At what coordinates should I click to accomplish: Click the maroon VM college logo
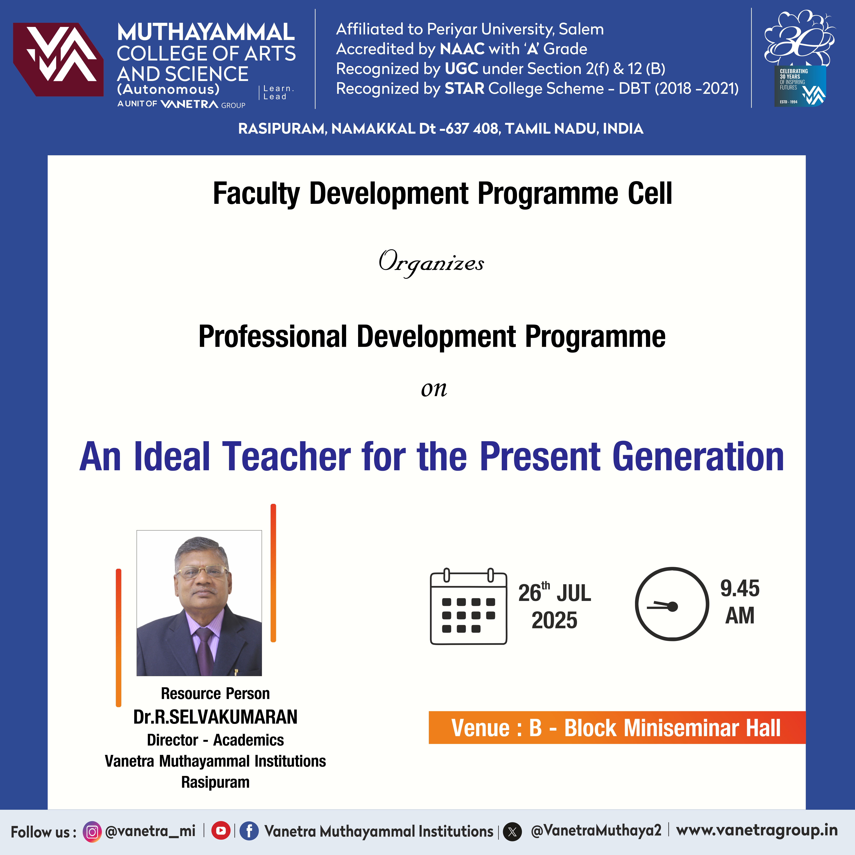coord(58,59)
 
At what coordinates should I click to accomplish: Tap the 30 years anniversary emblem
coord(800,58)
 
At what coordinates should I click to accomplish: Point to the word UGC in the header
coord(461,69)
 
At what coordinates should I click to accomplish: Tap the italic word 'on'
coord(434,389)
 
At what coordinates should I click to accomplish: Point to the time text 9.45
coord(740,588)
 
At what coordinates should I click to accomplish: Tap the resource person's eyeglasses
coord(202,572)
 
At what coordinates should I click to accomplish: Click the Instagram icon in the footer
coord(92,832)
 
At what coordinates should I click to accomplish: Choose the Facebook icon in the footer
coord(249,831)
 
